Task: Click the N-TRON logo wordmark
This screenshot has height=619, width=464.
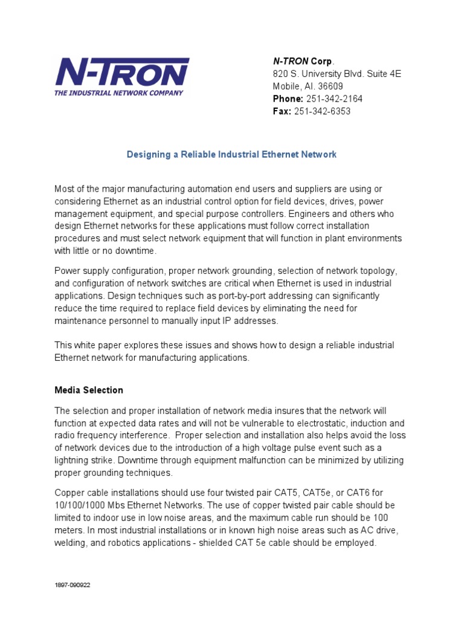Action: click(x=122, y=73)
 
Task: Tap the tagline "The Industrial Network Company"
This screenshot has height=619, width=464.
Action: click(x=118, y=93)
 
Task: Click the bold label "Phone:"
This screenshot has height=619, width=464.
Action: click(x=288, y=99)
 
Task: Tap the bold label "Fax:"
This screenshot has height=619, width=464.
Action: click(x=282, y=111)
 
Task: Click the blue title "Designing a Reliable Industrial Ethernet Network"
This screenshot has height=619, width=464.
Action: click(x=231, y=154)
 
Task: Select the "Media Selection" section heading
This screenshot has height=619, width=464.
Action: click(x=89, y=390)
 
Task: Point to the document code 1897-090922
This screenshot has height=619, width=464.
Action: click(x=73, y=585)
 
